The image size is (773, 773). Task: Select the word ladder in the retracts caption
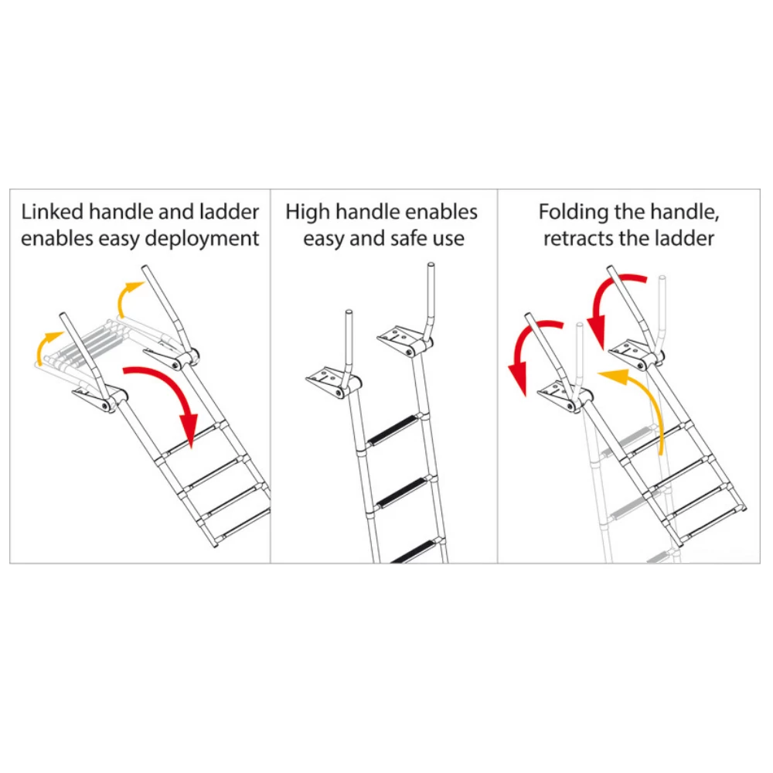tap(685, 239)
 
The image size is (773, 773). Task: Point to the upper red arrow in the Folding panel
tap(615, 298)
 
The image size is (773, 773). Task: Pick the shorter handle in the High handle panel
tap(349, 340)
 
